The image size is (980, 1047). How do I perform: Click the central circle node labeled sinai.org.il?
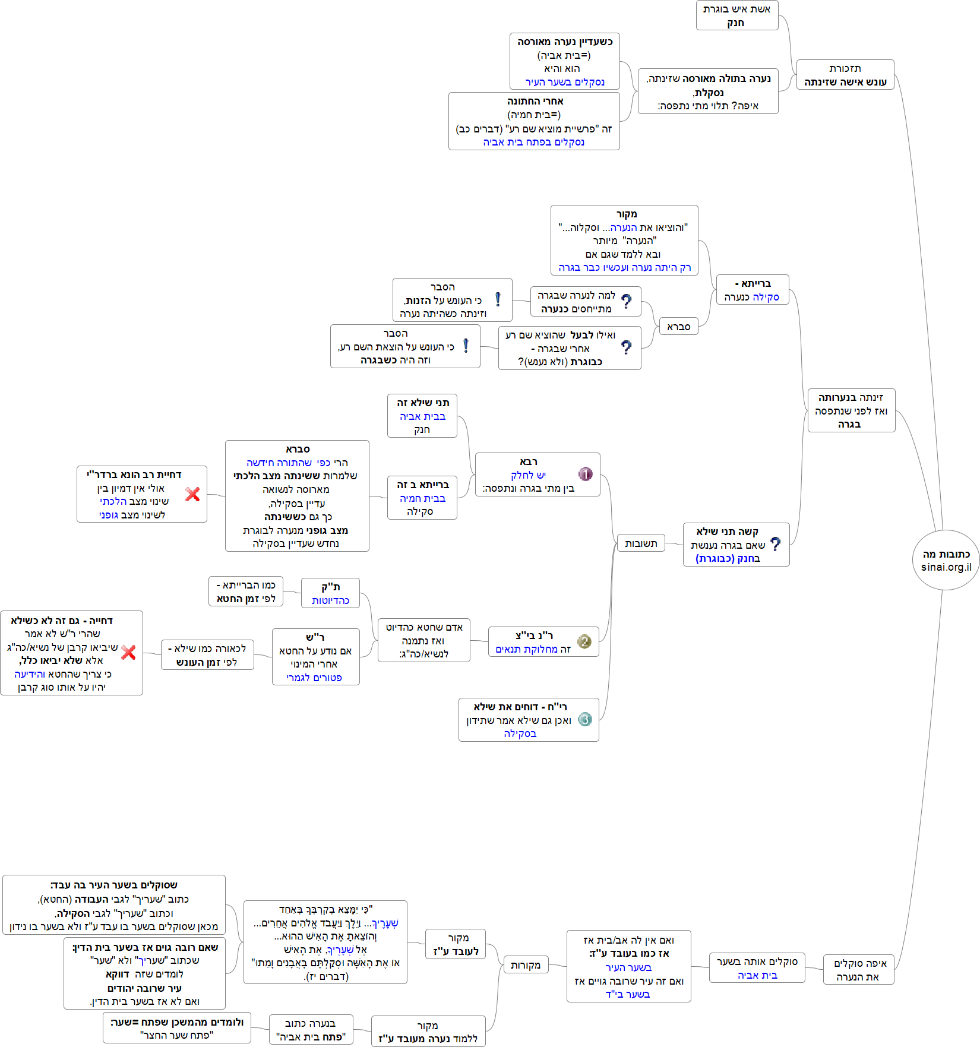[x=946, y=560]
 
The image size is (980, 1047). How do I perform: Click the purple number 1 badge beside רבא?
[x=585, y=474]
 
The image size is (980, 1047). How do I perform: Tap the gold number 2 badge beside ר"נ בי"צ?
[x=584, y=641]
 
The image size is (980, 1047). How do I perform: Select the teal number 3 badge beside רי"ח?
[x=585, y=719]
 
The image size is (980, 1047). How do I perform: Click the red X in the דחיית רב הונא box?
[x=192, y=494]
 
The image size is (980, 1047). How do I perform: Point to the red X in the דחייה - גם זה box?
[x=128, y=653]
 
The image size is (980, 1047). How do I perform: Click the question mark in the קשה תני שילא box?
[x=775, y=544]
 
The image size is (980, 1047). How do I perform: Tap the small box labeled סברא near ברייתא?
[x=678, y=327]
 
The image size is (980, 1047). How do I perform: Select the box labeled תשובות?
[x=641, y=543]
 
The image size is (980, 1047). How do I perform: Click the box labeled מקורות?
[x=526, y=965]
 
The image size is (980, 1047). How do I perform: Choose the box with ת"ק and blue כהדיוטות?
[x=330, y=593]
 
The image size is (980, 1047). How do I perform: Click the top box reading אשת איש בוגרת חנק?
[x=736, y=15]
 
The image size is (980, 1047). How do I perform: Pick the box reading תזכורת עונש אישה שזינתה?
[x=845, y=75]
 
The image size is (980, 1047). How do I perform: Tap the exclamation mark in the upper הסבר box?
[x=498, y=300]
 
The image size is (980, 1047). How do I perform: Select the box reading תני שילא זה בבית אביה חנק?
[x=422, y=416]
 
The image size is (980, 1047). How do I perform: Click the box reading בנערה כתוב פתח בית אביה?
[x=311, y=1030]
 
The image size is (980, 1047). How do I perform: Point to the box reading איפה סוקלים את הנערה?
[x=858, y=970]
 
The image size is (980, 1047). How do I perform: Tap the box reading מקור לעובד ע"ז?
[x=456, y=944]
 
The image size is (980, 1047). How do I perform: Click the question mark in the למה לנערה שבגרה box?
[x=626, y=302]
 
